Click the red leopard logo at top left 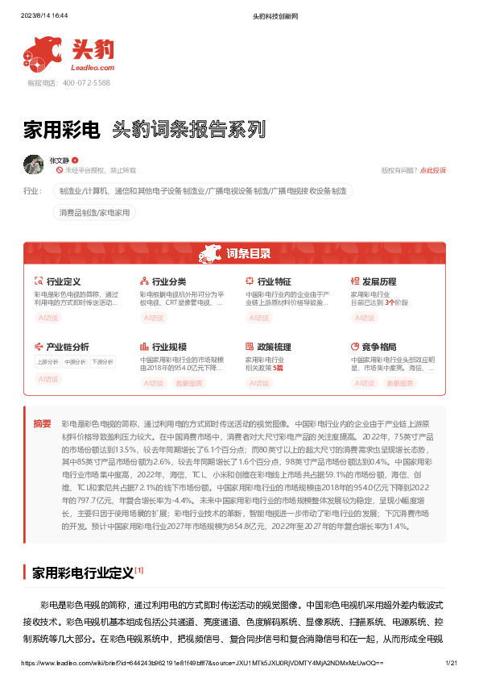pyautogui.click(x=43, y=54)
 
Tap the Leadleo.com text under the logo pyautogui.click(x=94, y=68)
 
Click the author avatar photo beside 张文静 pyautogui.click(x=33, y=164)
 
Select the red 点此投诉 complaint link pyautogui.click(x=433, y=170)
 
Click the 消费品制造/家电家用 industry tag pyautogui.click(x=95, y=212)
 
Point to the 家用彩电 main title pyautogui.click(x=61, y=129)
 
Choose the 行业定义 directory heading pyautogui.click(x=64, y=281)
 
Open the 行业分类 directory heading pyautogui.click(x=169, y=281)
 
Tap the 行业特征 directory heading pyautogui.click(x=274, y=281)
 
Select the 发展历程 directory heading pyautogui.click(x=379, y=281)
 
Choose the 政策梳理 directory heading pyautogui.click(x=274, y=347)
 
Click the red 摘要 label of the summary pyautogui.click(x=42, y=423)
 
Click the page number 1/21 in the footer pyautogui.click(x=451, y=662)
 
